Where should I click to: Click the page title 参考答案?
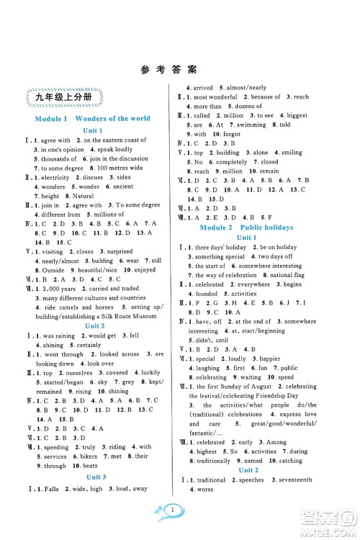click(x=180, y=70)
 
